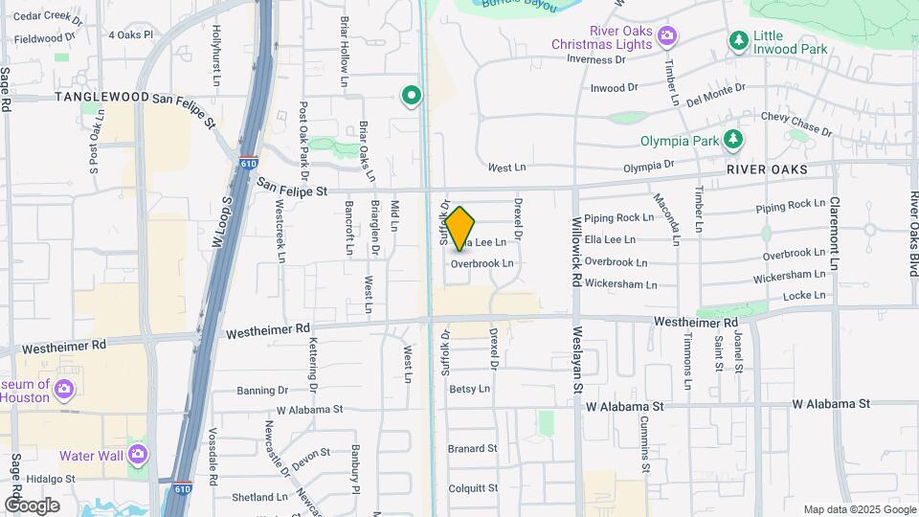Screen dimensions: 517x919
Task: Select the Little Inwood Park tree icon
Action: pyautogui.click(x=738, y=40)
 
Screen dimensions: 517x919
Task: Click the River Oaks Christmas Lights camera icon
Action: pyautogui.click(x=666, y=37)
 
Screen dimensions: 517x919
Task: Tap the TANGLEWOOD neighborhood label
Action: pyautogui.click(x=102, y=98)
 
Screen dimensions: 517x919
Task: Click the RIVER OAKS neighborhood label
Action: pyautogui.click(x=767, y=169)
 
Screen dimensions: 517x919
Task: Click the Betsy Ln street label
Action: pyautogui.click(x=469, y=389)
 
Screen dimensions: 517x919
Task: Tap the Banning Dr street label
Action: pyautogui.click(x=262, y=391)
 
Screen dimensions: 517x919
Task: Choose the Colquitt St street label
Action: pyautogui.click(x=473, y=487)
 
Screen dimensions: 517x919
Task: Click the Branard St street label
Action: pyautogui.click(x=473, y=448)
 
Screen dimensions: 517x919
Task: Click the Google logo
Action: pyautogui.click(x=32, y=505)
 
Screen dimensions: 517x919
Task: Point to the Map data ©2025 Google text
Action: pyautogui.click(x=858, y=509)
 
